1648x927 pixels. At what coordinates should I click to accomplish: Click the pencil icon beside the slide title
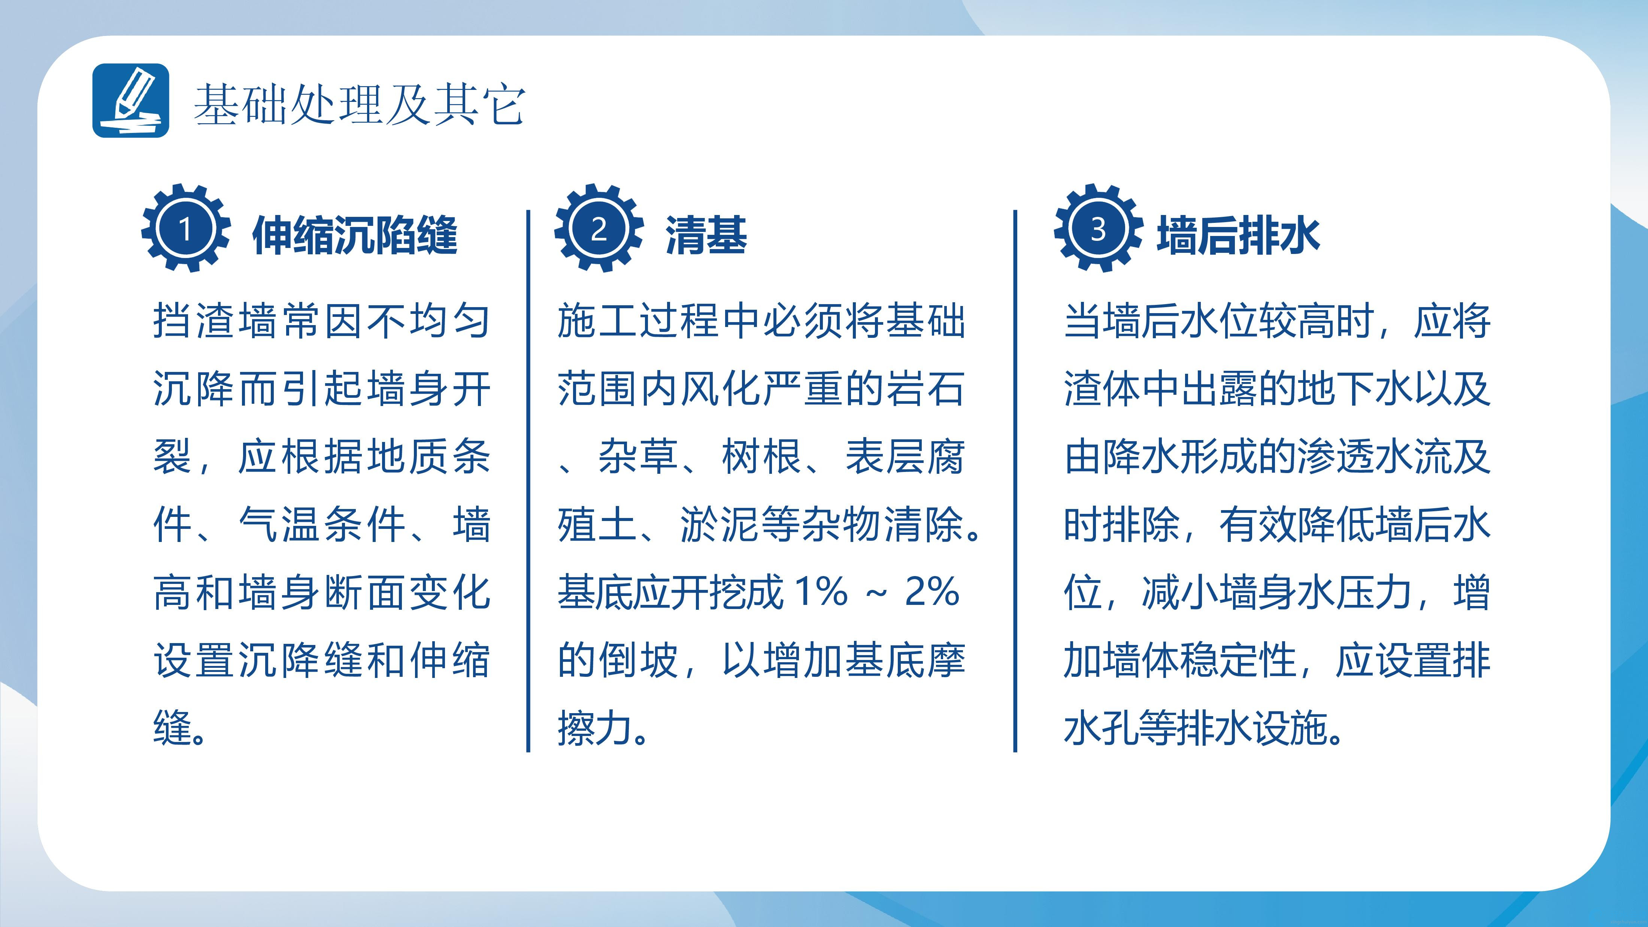(130, 100)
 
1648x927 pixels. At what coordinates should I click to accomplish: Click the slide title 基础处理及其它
(360, 104)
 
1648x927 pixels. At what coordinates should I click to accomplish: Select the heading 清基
(706, 236)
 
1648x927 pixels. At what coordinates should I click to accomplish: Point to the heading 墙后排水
(1239, 236)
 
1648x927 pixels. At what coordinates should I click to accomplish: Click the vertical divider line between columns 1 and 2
(528, 481)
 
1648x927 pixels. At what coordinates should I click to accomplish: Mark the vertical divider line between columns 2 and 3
(1015, 481)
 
